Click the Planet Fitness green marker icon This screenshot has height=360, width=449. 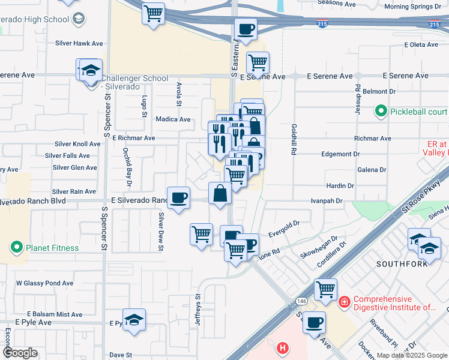point(16,247)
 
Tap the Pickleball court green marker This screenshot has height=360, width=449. point(381,111)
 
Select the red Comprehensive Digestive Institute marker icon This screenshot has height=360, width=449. point(345,301)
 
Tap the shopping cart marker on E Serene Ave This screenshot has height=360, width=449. point(258,62)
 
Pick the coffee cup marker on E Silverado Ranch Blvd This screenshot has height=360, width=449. point(178,197)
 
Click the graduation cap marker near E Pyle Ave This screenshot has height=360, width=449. point(134,320)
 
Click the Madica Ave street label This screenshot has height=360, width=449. point(173,119)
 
